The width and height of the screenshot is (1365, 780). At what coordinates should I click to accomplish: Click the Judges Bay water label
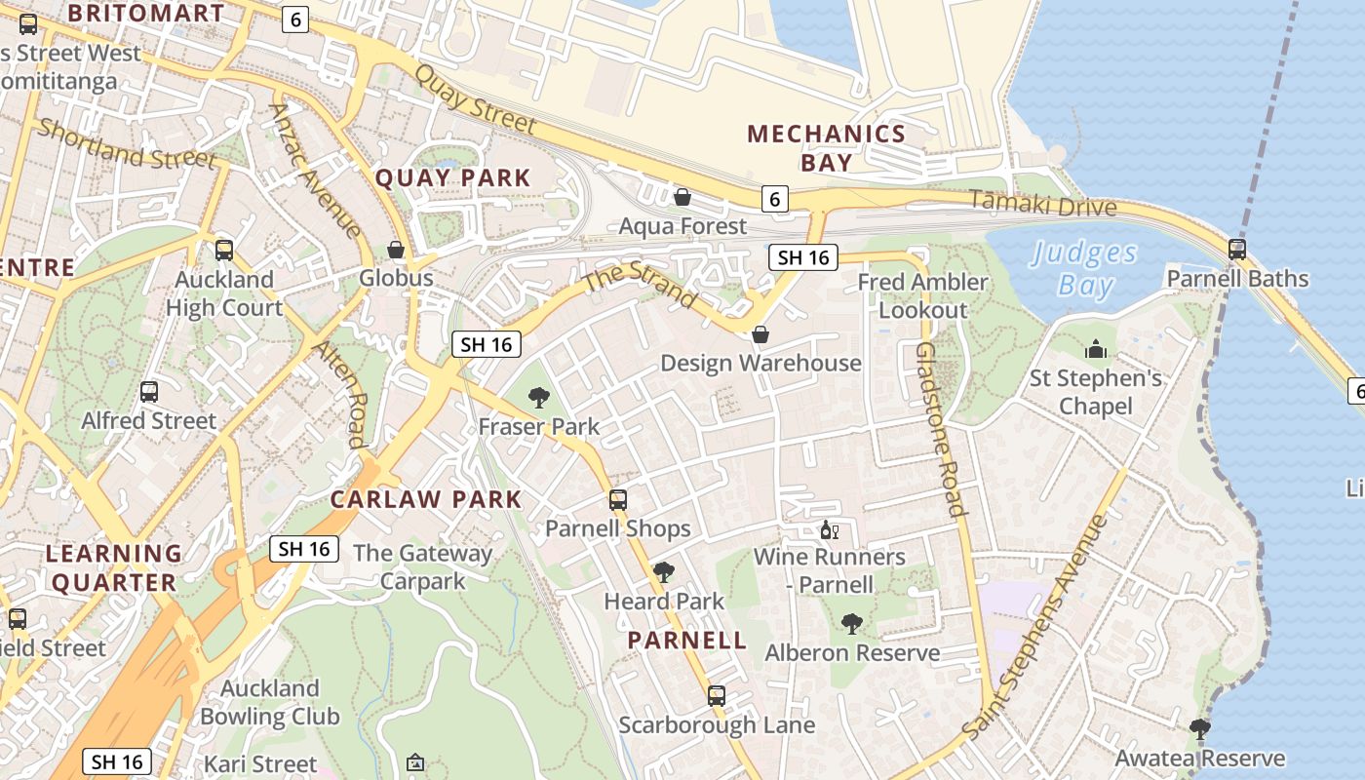(x=1084, y=269)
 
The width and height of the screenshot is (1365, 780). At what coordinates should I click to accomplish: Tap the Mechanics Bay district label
(x=827, y=147)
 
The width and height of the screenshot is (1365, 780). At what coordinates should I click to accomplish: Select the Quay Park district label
(x=453, y=177)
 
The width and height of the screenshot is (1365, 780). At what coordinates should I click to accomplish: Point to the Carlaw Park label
(x=426, y=499)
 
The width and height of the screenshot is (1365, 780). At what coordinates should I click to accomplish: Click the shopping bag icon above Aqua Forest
(x=682, y=198)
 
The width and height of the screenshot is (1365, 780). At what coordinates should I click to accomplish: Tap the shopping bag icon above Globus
(x=396, y=251)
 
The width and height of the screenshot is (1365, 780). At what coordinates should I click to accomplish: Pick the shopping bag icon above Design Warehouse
(x=760, y=335)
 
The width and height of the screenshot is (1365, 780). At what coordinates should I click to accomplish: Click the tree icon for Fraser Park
(x=538, y=398)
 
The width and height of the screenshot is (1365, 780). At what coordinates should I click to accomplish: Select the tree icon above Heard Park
(x=664, y=572)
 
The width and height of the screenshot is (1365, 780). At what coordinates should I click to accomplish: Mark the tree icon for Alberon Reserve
(x=852, y=624)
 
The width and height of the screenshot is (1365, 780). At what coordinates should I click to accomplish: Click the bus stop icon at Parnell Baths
(x=1237, y=250)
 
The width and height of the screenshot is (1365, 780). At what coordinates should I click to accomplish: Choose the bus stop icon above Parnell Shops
(x=618, y=500)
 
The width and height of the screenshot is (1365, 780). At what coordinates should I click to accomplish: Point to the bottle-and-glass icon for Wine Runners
(x=830, y=530)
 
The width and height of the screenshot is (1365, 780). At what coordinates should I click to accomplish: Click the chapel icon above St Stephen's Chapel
(x=1096, y=349)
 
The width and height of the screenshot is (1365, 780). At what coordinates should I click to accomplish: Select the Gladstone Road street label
(x=941, y=429)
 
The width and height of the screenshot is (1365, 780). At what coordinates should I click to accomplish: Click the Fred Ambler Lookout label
(x=922, y=295)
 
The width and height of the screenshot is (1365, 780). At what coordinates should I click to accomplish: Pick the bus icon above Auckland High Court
(x=224, y=251)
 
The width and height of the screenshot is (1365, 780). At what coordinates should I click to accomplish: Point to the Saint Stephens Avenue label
(x=1035, y=626)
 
